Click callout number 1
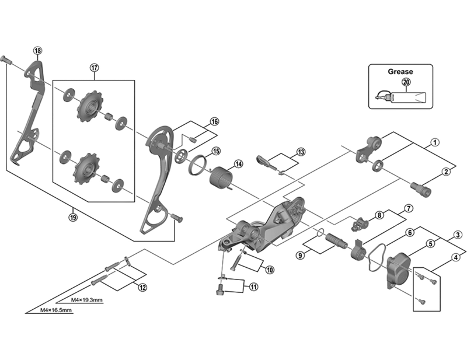(x=435, y=142)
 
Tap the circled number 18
(x=38, y=51)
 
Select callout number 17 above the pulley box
(x=94, y=68)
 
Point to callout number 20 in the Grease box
(x=407, y=83)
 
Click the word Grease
(x=400, y=72)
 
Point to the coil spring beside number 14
(x=221, y=176)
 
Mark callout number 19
(x=73, y=217)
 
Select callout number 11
(x=253, y=286)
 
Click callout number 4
(x=455, y=257)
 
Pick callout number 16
(x=214, y=122)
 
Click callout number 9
(x=300, y=254)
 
